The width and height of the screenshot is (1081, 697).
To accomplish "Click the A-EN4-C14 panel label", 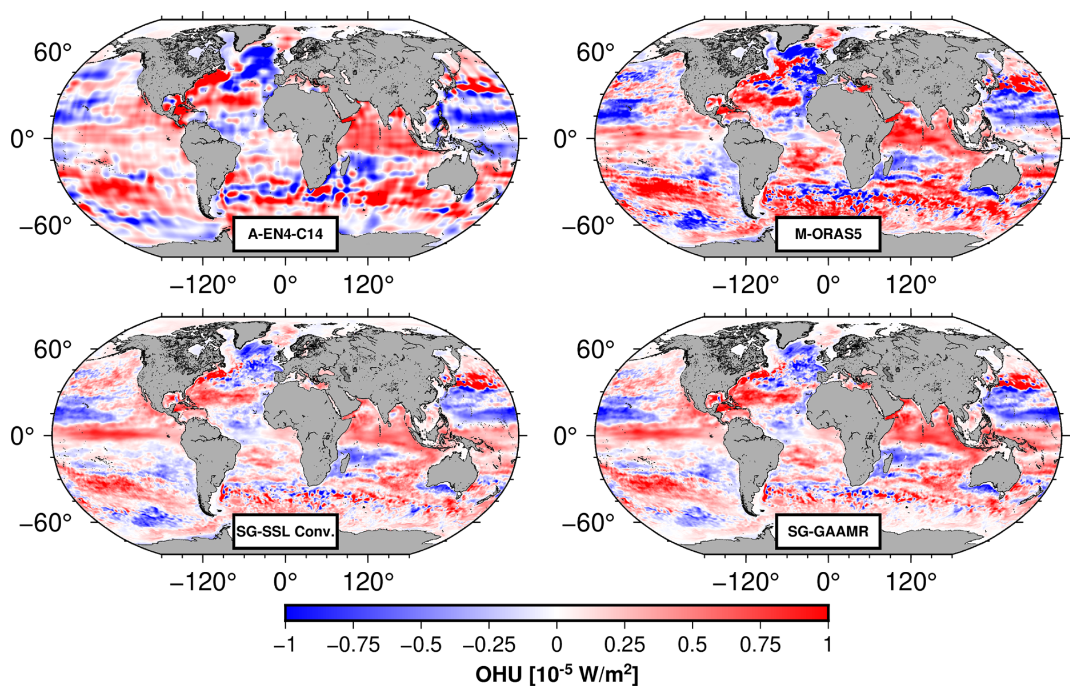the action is point(285,234).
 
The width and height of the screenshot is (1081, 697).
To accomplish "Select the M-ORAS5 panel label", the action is point(828,234).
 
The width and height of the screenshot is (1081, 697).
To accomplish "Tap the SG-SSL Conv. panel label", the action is point(285,531).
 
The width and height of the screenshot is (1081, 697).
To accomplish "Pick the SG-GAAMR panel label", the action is point(828,531).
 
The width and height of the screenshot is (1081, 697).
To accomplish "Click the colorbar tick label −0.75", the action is point(353,645).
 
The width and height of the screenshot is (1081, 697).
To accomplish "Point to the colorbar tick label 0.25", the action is point(624,645).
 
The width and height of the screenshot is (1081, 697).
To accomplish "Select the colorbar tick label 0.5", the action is point(692,645).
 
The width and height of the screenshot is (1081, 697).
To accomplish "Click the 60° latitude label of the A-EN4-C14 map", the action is point(53,53).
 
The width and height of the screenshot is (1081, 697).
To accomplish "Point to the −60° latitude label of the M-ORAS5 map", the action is point(588,225).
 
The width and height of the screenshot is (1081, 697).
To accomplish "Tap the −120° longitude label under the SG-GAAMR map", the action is point(746,582).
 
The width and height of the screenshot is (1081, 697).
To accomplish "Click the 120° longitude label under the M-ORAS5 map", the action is point(911,284).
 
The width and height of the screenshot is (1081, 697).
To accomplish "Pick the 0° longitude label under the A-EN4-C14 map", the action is point(285,284).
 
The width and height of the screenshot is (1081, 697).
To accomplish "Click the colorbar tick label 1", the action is point(828,645).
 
